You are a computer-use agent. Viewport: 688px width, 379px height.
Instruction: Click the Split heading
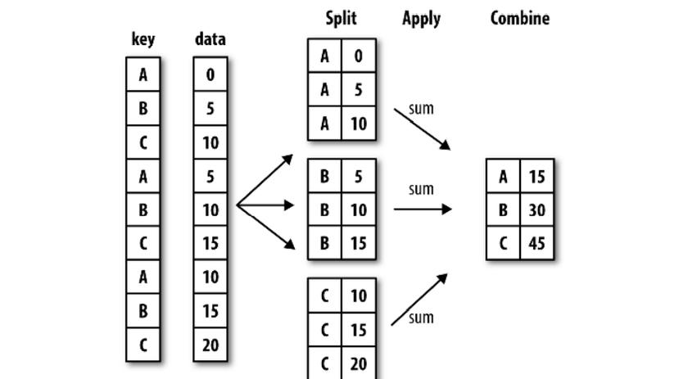(341, 19)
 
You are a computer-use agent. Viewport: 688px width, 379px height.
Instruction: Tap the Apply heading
(421, 19)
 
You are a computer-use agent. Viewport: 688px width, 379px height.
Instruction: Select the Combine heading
(520, 18)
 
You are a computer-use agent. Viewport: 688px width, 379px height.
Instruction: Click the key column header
(143, 39)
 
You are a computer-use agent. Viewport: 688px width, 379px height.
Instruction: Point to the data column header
(210, 39)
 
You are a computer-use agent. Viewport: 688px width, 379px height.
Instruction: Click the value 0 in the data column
(210, 74)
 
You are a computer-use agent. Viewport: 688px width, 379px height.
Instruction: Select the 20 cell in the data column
(210, 345)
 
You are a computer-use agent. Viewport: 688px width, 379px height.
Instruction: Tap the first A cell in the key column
(143, 74)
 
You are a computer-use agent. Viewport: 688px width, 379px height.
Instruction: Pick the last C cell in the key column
(143, 345)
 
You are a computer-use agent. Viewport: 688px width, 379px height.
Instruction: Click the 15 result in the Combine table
(537, 176)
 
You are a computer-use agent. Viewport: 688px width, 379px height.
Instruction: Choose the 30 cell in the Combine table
(537, 210)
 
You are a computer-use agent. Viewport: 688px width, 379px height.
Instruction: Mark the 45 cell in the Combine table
(537, 243)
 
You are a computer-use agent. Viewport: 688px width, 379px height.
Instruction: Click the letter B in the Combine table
(503, 210)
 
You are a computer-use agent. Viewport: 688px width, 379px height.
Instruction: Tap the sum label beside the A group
(421, 108)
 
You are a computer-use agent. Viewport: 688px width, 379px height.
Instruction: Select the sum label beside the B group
(421, 189)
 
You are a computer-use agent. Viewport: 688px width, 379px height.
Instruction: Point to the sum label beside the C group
(421, 317)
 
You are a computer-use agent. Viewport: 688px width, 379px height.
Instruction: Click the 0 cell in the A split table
(359, 56)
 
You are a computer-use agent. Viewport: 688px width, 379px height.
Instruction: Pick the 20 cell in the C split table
(359, 363)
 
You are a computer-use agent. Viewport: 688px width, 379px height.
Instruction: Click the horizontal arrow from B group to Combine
(423, 210)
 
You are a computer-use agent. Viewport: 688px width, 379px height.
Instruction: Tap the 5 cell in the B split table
(359, 176)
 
